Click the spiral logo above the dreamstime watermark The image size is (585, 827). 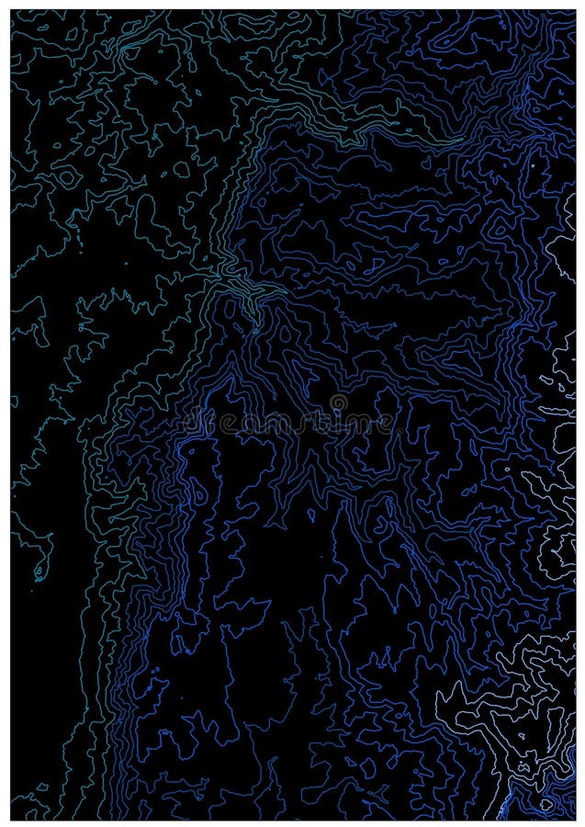tap(339, 402)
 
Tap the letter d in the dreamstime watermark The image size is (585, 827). tap(191, 423)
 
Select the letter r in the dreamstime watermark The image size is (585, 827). tap(210, 425)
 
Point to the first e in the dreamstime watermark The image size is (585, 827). tap(228, 425)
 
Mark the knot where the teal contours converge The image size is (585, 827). tap(241, 292)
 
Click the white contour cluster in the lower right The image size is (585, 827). tap(514, 717)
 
